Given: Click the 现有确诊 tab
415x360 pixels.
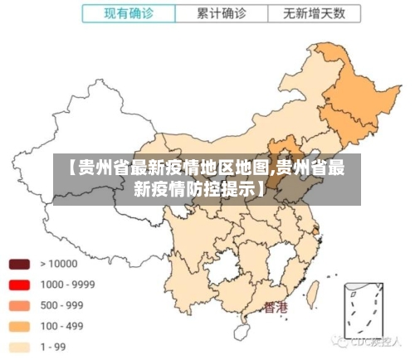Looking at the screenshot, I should [128, 14].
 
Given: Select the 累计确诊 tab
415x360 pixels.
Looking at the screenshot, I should [221, 14].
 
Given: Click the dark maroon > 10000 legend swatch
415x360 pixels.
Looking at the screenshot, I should [19, 265].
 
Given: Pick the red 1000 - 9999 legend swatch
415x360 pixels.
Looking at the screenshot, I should [19, 285].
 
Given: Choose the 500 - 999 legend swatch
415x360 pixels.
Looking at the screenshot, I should [19, 305].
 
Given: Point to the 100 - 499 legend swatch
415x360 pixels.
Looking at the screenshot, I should [19, 326].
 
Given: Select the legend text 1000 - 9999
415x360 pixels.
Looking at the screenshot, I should [67, 285].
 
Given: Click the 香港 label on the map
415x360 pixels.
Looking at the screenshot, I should [276, 308].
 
